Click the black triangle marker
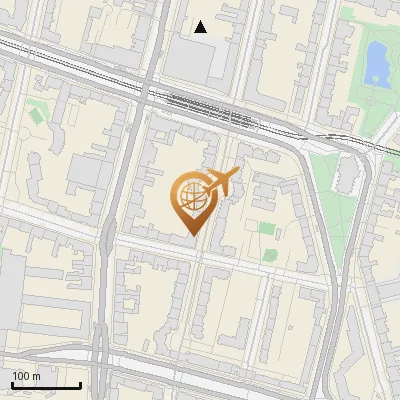[x=201, y=27]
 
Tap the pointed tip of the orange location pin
[x=192, y=234]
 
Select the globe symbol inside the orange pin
[x=191, y=198]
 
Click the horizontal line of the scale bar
[x=46, y=385]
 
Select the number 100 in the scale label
[x=21, y=376]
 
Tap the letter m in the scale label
[x=36, y=376]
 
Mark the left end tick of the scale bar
[x=12, y=383]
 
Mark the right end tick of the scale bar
[x=80, y=383]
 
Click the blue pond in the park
[x=376, y=62]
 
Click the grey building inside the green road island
[x=347, y=175]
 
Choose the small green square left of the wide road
[x=37, y=114]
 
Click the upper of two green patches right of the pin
[x=266, y=228]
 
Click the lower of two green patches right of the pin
[x=269, y=254]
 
